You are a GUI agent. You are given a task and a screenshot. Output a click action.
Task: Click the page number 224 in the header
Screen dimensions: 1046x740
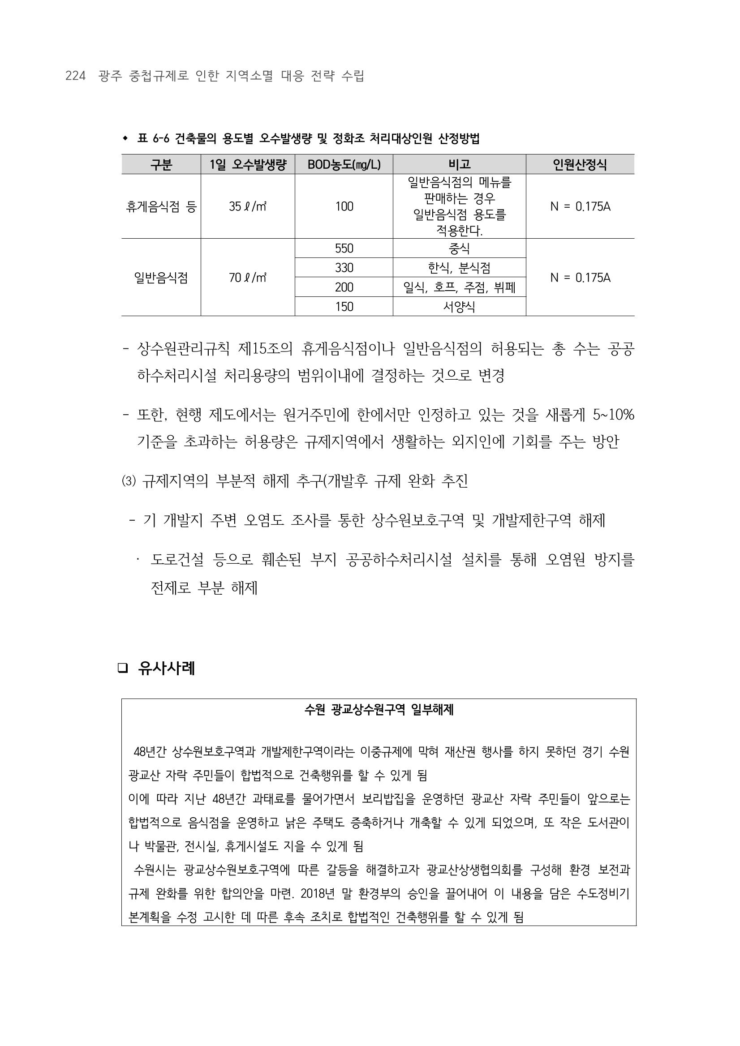click(76, 76)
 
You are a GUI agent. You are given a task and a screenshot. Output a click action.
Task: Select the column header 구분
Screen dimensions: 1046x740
click(161, 164)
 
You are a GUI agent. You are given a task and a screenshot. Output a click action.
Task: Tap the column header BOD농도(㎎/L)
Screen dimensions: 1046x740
click(344, 164)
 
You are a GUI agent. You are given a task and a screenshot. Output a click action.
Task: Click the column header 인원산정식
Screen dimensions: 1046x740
click(580, 164)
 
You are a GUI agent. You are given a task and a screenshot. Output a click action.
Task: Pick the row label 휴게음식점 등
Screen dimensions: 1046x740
click(161, 207)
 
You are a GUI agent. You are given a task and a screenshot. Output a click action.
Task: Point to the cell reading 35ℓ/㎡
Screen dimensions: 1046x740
click(247, 207)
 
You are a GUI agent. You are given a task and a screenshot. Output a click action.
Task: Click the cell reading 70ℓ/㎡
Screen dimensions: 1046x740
click(247, 278)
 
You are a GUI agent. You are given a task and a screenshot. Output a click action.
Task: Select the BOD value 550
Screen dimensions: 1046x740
click(344, 248)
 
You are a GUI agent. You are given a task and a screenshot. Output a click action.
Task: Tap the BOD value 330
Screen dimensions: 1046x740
click(344, 268)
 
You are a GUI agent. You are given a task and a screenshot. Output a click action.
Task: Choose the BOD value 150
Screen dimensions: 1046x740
click(344, 307)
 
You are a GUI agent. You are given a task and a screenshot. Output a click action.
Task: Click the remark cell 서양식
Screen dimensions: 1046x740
click(459, 307)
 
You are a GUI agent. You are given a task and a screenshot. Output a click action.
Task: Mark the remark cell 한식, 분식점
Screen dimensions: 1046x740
click(459, 268)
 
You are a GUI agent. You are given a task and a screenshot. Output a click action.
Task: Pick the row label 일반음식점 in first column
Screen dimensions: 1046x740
click(161, 278)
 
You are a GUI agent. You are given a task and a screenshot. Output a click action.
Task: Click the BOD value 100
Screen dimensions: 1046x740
click(344, 207)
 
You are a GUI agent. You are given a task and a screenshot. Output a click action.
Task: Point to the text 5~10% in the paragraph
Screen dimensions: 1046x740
click(613, 415)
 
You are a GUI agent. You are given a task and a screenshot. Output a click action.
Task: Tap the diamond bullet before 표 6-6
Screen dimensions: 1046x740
click(125, 138)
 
